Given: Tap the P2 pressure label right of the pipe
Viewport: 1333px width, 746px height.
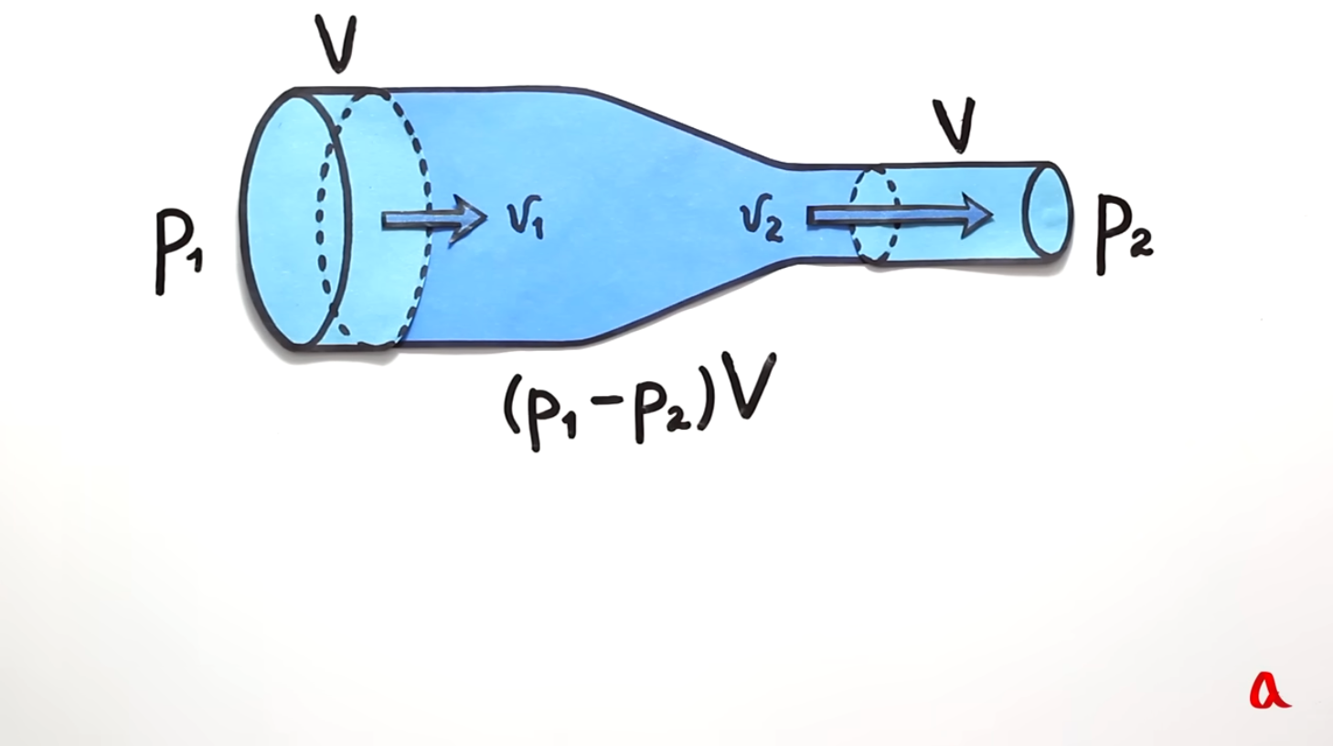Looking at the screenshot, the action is (x=1125, y=235).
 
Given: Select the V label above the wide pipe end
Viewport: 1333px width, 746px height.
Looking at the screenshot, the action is (x=336, y=44).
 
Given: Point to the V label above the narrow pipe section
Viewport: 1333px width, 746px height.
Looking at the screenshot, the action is (x=954, y=125).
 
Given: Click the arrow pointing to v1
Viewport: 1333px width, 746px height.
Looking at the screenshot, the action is (x=434, y=219).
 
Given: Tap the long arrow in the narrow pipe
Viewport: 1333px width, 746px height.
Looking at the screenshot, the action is (x=899, y=216).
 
